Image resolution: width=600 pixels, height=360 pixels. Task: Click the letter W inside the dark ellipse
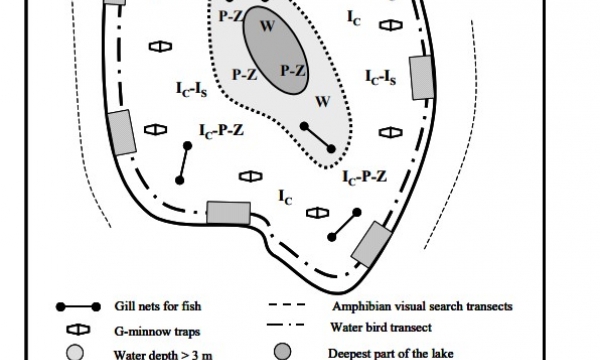point(267,26)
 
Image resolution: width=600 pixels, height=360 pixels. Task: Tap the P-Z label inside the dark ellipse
point(293,71)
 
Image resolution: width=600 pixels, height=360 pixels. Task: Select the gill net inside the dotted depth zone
point(318,137)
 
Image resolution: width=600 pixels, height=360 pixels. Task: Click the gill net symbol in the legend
point(78,306)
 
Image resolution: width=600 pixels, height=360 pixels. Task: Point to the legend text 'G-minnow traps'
point(157,331)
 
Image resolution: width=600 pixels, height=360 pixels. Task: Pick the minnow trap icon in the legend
point(78,330)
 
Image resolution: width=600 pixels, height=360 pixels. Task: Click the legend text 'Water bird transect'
point(381,327)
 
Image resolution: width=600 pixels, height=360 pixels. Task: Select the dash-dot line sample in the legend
point(287,325)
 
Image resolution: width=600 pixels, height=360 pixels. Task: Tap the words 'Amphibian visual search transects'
point(422,306)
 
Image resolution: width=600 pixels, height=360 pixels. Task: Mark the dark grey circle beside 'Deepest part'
point(282,352)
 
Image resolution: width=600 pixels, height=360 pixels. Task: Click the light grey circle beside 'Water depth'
point(75,353)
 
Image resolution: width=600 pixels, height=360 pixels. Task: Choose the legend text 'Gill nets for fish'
point(158,306)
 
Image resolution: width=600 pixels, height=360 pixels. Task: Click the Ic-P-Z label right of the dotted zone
point(364,177)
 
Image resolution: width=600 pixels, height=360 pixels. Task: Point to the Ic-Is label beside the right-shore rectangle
point(380,78)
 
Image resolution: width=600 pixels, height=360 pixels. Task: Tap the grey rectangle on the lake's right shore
point(422,78)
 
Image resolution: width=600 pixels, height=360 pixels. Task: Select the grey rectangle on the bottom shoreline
point(228,212)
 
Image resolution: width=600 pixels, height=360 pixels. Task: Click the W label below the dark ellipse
point(323,102)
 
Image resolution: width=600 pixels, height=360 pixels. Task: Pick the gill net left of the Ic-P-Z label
point(184,163)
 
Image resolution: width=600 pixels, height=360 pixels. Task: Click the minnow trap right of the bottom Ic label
point(318,213)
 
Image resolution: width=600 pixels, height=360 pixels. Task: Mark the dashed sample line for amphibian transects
point(287,305)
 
